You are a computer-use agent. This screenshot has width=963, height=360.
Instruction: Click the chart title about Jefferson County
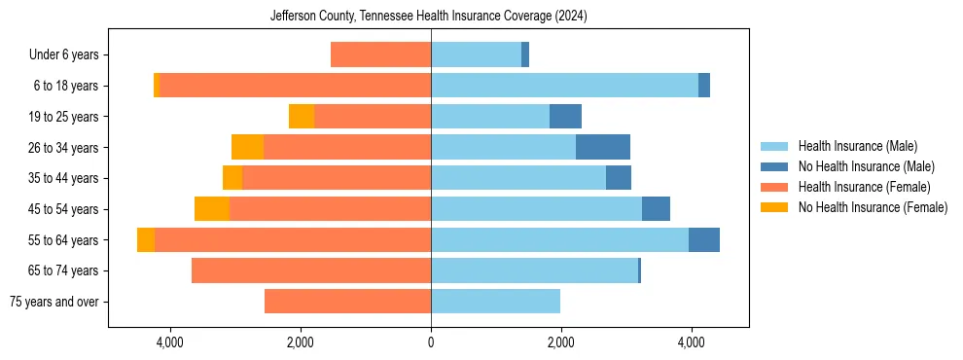(x=428, y=16)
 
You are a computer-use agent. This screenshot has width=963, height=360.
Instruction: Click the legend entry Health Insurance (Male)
(x=857, y=147)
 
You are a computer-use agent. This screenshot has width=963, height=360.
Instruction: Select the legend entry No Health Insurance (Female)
(x=873, y=207)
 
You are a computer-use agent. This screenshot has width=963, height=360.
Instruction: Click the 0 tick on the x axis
(x=431, y=342)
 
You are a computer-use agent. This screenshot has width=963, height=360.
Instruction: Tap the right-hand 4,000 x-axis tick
(x=692, y=342)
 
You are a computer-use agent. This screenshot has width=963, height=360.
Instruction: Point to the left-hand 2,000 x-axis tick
(x=300, y=342)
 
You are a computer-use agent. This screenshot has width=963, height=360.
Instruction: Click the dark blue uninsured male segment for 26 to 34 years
(x=603, y=147)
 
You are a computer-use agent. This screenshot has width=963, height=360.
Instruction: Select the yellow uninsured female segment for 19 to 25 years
(x=302, y=117)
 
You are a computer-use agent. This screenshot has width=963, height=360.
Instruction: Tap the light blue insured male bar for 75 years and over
(x=495, y=302)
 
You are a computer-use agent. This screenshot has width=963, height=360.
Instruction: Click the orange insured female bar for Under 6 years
(x=380, y=55)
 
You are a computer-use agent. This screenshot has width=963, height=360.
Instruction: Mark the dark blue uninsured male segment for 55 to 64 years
(x=704, y=239)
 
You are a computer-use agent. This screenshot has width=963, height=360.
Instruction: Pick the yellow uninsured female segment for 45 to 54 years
(x=211, y=209)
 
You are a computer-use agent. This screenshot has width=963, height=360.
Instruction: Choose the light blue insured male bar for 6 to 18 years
(x=564, y=86)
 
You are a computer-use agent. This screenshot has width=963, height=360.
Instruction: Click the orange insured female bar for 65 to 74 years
(x=311, y=270)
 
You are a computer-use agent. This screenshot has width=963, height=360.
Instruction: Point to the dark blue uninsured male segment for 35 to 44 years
(x=619, y=178)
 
